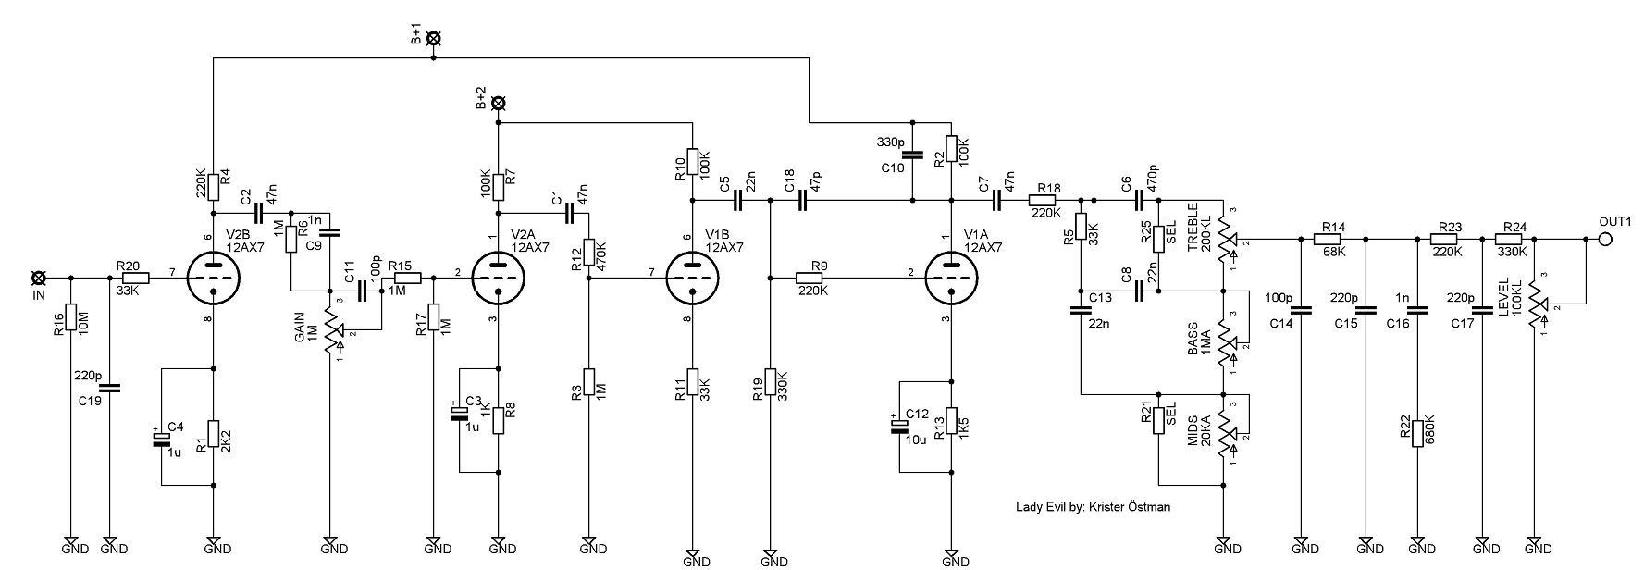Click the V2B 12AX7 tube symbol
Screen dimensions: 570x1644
click(x=214, y=276)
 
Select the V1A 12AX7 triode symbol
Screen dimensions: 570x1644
click(x=951, y=276)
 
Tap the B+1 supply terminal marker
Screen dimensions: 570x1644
click(x=433, y=38)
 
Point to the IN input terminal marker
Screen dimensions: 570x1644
click(x=38, y=277)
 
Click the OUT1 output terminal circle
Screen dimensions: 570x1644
click(x=1605, y=239)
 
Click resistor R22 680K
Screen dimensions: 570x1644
click(x=1416, y=428)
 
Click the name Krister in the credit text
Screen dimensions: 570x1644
click(x=1109, y=506)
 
